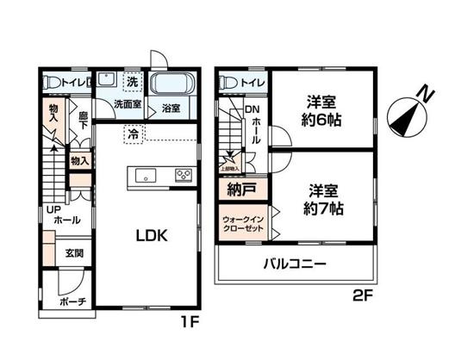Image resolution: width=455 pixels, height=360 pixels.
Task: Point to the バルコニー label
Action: click(295, 264)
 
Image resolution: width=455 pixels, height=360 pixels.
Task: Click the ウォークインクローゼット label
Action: click(243, 225)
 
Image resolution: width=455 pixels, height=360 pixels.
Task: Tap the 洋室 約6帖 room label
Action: click(321, 109)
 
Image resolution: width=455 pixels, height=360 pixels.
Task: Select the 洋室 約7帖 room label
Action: click(321, 197)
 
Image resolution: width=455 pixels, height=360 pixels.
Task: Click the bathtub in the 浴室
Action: click(174, 86)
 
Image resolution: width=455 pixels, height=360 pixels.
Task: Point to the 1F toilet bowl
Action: click(53, 84)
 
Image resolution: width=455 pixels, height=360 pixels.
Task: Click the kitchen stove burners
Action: click(184, 176)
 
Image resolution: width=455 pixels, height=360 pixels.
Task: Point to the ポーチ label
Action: click(72, 301)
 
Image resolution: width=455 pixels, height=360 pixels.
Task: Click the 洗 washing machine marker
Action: click(133, 82)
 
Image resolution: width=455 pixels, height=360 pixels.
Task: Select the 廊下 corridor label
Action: click(84, 121)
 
